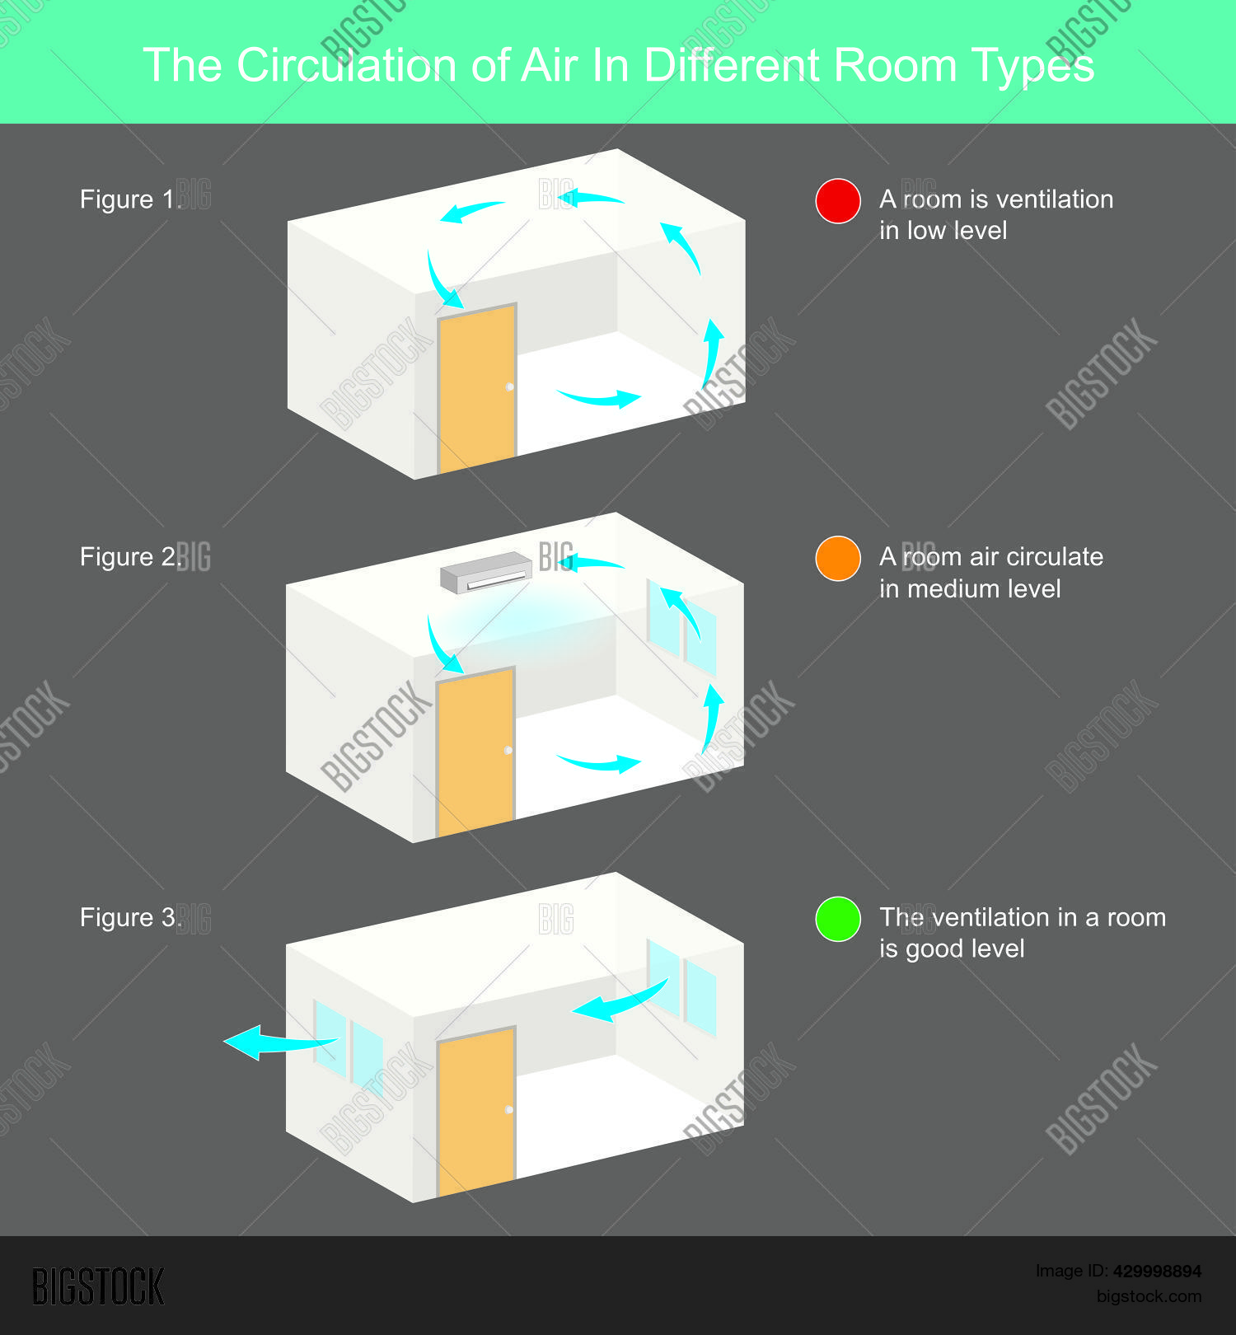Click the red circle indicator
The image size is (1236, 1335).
pos(838,201)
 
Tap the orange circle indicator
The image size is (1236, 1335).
pos(838,559)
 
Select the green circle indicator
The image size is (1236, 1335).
pos(838,919)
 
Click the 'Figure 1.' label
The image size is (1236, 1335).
pos(129,199)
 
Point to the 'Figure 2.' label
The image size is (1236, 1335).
pos(129,557)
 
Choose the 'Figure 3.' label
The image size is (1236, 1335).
pos(129,918)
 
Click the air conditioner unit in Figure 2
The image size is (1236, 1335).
pos(486,572)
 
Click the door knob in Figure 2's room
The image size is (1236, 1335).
pos(508,750)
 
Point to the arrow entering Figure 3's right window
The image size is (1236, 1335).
pos(618,1002)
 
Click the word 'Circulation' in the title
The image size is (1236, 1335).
pos(346,65)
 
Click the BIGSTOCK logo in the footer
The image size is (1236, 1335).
pos(98,1286)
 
